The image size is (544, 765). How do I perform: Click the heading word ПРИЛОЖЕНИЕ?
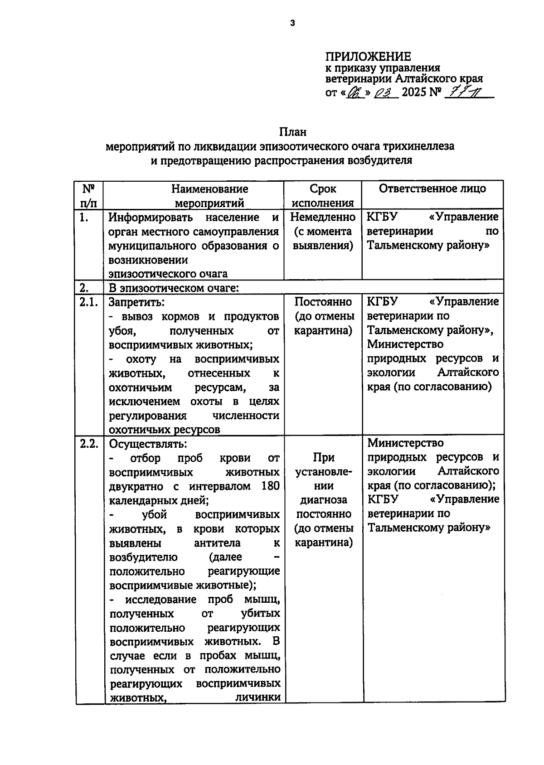tap(368, 57)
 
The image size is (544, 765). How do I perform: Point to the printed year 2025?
tap(414, 92)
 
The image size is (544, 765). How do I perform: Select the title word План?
tap(292, 132)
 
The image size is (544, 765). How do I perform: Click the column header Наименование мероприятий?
tap(209, 195)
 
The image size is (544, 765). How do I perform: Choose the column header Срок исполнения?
tap(323, 195)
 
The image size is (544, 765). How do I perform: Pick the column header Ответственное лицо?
tap(432, 189)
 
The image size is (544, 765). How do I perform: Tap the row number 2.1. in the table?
tap(89, 302)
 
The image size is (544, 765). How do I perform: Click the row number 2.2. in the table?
tap(89, 444)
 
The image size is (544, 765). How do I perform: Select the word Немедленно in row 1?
tap(323, 217)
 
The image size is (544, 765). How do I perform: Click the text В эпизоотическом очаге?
tap(174, 288)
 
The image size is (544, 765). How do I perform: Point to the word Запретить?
tap(136, 302)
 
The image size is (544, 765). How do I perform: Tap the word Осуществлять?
tap(148, 444)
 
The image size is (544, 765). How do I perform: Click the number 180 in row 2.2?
tap(270, 486)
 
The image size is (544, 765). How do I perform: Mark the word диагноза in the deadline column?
tap(324, 500)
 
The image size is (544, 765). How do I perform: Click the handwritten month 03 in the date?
tap(385, 93)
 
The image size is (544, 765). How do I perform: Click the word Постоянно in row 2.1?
tap(323, 302)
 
